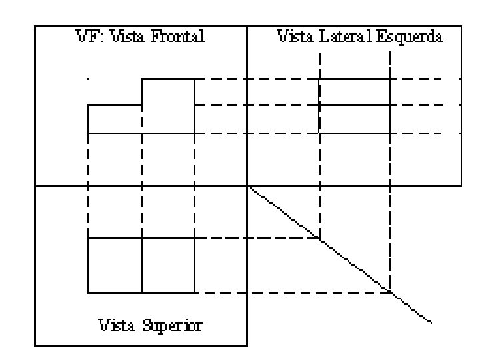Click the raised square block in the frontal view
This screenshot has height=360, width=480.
click(x=168, y=105)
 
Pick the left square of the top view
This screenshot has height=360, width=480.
click(x=115, y=265)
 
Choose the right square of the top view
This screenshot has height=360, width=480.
click(x=168, y=265)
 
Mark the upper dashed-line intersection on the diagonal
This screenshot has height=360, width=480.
click(x=320, y=239)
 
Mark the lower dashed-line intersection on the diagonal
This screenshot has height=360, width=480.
click(x=390, y=292)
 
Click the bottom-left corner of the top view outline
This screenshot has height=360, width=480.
click(x=88, y=292)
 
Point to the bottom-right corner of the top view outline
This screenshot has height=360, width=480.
click(x=195, y=292)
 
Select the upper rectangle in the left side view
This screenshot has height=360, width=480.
click(x=355, y=92)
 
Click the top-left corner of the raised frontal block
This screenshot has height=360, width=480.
click(x=142, y=79)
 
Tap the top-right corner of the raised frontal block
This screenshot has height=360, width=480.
click(x=195, y=79)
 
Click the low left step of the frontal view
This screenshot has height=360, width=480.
click(x=115, y=119)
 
